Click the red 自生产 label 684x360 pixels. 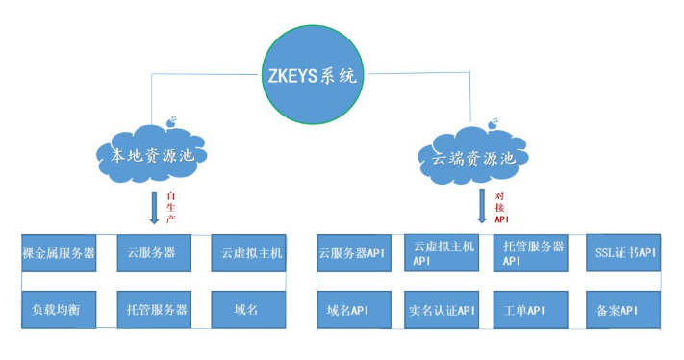(x=171, y=206)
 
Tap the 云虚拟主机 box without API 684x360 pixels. (x=247, y=254)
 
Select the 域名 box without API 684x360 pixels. (x=247, y=310)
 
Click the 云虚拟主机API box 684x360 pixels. (x=442, y=254)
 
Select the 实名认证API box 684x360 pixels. (x=442, y=310)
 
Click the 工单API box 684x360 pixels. (x=532, y=310)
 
